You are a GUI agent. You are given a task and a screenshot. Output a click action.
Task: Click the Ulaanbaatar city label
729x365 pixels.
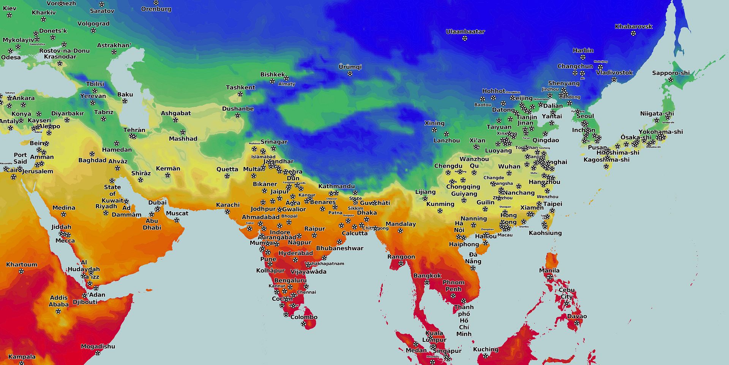[465, 32]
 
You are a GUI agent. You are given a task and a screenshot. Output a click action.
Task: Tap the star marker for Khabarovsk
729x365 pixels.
[633, 33]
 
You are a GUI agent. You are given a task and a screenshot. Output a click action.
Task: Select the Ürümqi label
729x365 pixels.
[350, 67]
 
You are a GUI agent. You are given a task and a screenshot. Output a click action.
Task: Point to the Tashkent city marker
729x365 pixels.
[240, 94]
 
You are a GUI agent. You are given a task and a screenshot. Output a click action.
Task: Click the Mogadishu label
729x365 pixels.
[98, 346]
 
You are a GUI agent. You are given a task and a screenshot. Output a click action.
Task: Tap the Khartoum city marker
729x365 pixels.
[21, 271]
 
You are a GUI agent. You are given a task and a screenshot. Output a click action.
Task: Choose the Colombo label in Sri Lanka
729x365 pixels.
[304, 317]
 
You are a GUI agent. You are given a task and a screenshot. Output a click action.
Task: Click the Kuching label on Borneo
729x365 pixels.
[485, 349]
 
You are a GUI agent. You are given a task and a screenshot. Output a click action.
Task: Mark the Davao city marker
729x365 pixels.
[577, 323]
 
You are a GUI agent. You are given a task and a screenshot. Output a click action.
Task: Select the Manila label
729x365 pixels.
[549, 270]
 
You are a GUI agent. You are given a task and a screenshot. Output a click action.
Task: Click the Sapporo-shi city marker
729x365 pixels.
[671, 80]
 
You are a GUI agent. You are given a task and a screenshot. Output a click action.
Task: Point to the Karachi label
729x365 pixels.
[227, 205]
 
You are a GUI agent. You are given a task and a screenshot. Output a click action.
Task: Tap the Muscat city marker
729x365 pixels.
[177, 220]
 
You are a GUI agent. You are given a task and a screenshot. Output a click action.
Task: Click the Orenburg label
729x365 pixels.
[156, 9]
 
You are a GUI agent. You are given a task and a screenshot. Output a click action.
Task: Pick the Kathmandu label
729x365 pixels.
[336, 186]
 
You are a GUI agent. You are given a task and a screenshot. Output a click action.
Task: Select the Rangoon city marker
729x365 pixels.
[401, 263]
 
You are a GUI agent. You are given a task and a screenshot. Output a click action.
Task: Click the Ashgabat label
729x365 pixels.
[175, 113]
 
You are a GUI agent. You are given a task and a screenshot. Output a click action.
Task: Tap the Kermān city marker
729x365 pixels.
[167, 175]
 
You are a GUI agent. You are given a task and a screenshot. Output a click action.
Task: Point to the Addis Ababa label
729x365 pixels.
[58, 301]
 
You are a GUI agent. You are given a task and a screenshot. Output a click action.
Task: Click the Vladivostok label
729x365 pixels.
[614, 72]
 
